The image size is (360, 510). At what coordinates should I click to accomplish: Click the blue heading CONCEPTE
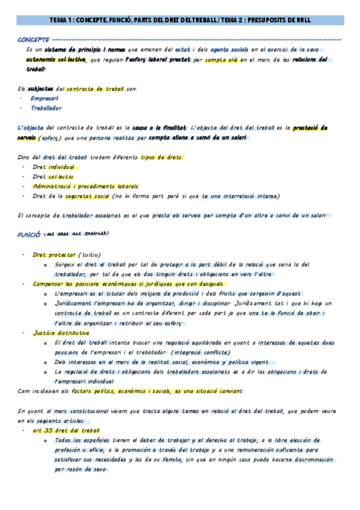click(33, 39)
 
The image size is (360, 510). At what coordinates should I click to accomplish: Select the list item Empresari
click(44, 99)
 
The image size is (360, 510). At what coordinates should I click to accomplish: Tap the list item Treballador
click(46, 108)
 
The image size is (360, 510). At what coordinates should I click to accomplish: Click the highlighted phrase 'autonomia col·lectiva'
click(55, 60)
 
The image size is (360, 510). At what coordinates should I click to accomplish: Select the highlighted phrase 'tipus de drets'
click(162, 157)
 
